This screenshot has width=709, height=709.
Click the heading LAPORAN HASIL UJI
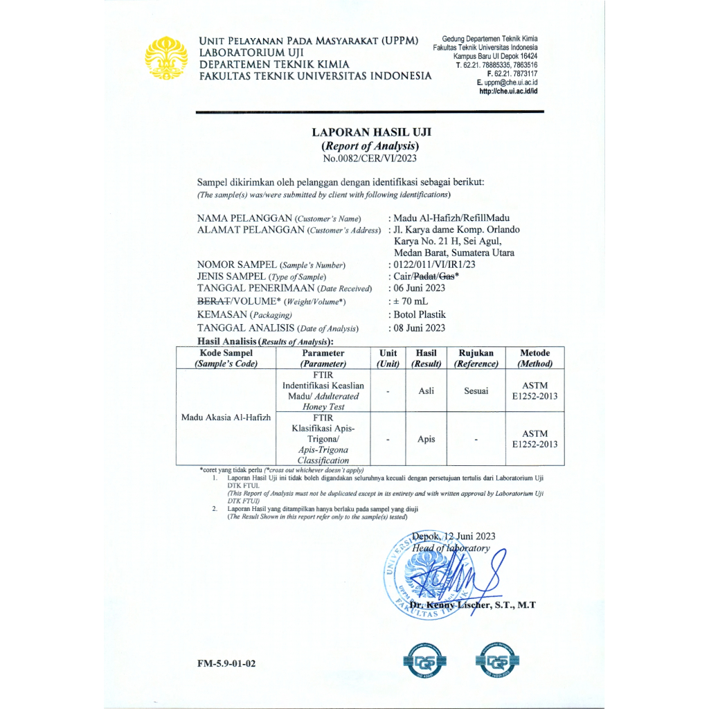pos(371,132)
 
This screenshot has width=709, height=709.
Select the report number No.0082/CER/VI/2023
pos(371,159)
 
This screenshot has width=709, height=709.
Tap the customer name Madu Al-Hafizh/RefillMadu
pos(451,218)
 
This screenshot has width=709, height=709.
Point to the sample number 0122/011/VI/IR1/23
pos(435,264)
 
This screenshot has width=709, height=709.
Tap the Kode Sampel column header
pos(226,353)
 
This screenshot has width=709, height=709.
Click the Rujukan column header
pos(476,353)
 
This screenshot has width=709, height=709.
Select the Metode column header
pos(535,353)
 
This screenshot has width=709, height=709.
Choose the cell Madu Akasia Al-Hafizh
pos(226,418)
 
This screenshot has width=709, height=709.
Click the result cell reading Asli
pos(427,391)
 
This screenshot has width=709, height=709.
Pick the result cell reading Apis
pos(427,439)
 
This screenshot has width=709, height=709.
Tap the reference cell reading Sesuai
pos(476,391)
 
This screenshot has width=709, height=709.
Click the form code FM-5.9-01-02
pos(226,663)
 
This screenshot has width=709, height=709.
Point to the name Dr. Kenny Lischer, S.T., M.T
pos(473,605)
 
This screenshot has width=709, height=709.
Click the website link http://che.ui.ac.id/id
pos(508,91)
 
